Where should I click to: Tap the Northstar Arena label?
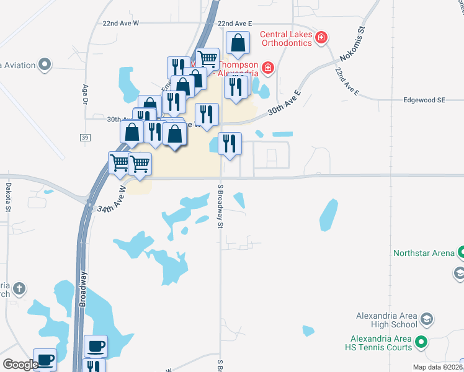424,253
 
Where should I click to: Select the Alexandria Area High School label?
386,320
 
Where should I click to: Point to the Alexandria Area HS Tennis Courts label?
381,343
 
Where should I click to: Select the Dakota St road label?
9,197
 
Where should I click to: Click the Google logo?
20,364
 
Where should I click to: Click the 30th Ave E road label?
284,102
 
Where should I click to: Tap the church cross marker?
20,288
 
